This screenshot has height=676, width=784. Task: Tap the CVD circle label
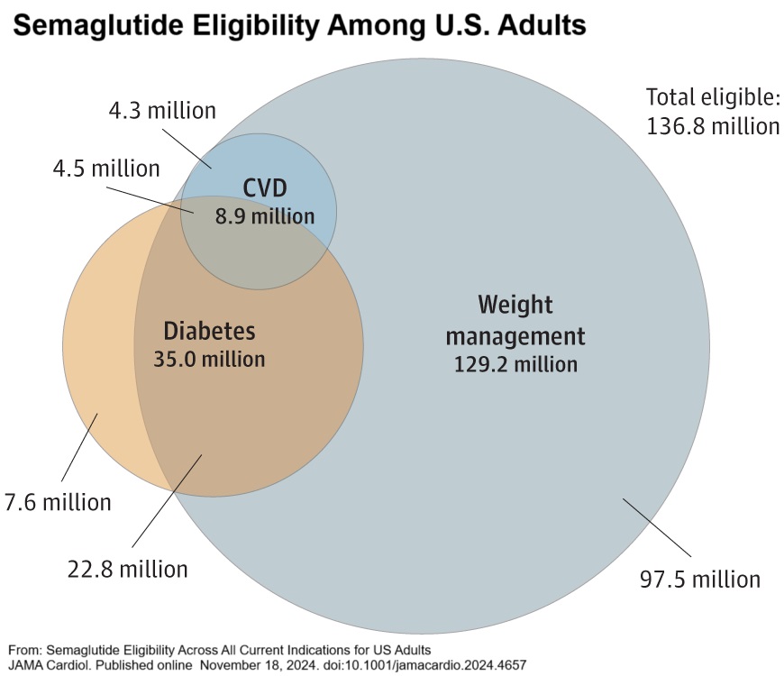pyautogui.click(x=265, y=189)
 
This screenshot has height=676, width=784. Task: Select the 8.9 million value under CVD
pyautogui.click(x=265, y=216)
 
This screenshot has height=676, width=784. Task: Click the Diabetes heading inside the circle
pyautogui.click(x=209, y=331)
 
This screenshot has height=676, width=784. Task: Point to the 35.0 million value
pyautogui.click(x=211, y=359)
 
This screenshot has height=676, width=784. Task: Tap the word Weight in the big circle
pyautogui.click(x=515, y=304)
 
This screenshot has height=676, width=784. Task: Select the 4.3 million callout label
pyautogui.click(x=162, y=111)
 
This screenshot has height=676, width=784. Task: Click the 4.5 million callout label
pyautogui.click(x=105, y=169)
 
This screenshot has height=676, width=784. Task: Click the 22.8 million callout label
pyautogui.click(x=128, y=569)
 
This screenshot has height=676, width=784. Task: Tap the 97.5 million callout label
pyautogui.click(x=699, y=578)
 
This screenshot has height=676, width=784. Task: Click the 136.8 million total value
pyautogui.click(x=713, y=126)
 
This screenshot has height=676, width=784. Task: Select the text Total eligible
pyautogui.click(x=712, y=97)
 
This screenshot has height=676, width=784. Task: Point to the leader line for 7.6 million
pyautogui.click(x=78, y=447)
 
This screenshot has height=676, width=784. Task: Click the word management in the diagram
pyautogui.click(x=515, y=337)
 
